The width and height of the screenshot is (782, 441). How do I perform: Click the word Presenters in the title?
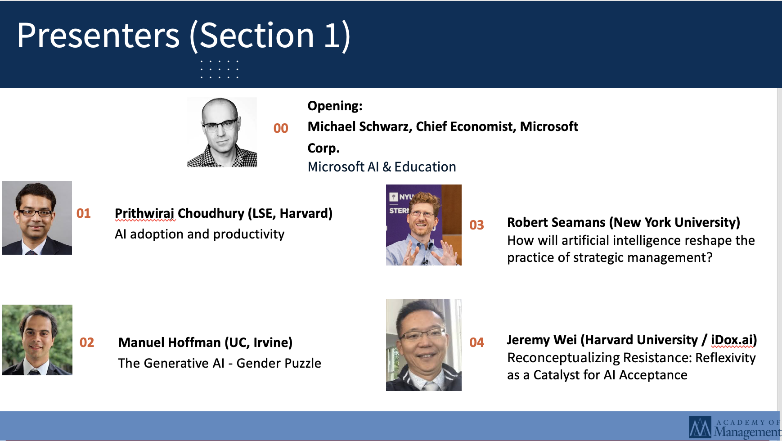click(98, 36)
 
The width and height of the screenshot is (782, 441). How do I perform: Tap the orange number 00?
click(281, 128)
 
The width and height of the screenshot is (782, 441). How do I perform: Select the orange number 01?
click(84, 213)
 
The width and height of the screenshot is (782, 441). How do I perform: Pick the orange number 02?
click(87, 342)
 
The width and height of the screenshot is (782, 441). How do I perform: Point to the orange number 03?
click(476, 225)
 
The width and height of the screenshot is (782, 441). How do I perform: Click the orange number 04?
click(476, 342)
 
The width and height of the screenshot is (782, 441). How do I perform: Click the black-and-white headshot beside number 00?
click(222, 132)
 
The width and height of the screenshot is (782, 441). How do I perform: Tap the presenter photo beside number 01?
click(37, 218)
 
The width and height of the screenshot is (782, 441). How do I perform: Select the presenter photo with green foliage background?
click(37, 340)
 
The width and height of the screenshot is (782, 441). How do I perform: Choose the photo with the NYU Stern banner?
click(424, 225)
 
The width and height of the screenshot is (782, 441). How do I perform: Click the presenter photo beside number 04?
click(424, 345)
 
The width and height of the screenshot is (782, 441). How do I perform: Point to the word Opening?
click(335, 106)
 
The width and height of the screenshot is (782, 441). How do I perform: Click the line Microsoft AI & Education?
click(382, 167)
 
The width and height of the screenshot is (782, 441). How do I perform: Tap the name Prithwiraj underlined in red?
click(145, 214)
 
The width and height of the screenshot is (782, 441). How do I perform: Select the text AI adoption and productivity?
click(200, 234)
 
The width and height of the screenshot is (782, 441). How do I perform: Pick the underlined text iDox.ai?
click(732, 340)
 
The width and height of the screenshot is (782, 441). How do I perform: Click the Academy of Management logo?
click(735, 427)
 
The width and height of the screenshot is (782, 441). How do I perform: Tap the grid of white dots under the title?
click(219, 69)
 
